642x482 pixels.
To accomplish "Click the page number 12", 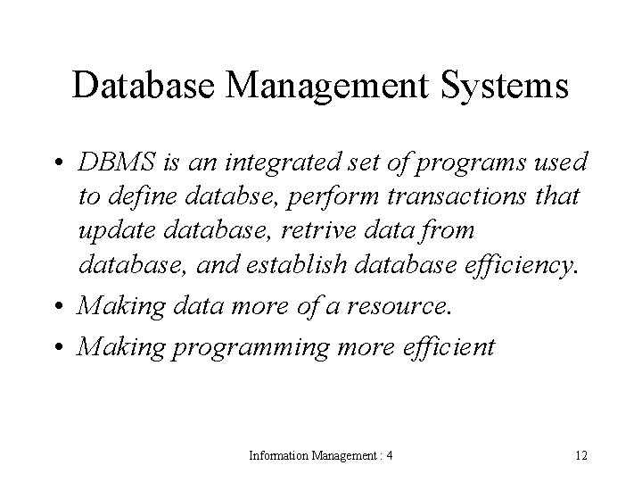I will pos(580,456).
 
